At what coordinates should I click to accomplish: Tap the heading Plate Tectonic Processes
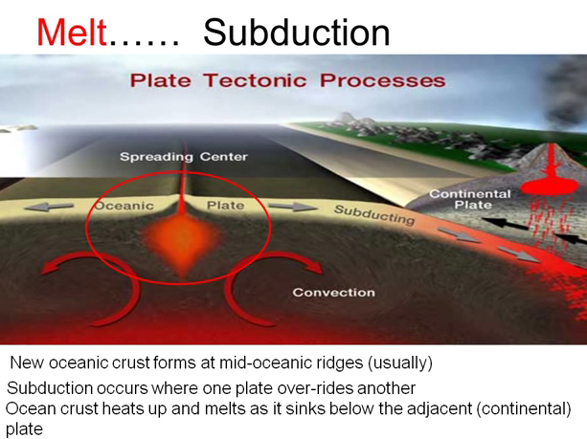coord(287,80)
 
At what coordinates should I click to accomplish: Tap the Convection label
coord(333,292)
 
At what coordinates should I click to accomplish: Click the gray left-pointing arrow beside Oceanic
coord(56,205)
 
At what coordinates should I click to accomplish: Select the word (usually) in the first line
coord(397,363)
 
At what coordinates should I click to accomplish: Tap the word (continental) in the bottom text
coord(523,408)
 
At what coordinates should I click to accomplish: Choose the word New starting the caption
coord(27,363)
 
